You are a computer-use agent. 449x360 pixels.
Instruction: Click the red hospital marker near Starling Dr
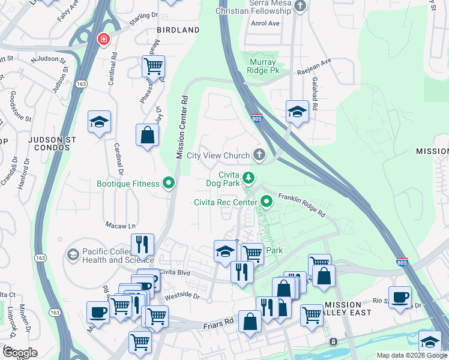(x=103, y=40)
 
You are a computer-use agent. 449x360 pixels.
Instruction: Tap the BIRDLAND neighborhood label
(x=178, y=30)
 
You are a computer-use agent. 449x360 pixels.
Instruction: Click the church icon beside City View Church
(x=259, y=156)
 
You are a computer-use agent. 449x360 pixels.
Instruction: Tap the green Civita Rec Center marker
(x=265, y=202)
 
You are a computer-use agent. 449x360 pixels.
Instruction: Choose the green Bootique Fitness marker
(x=169, y=184)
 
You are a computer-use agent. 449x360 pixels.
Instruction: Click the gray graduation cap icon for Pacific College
(x=73, y=255)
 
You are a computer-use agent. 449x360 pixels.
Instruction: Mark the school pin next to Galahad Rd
(x=297, y=111)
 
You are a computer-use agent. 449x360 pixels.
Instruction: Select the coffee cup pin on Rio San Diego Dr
(x=400, y=296)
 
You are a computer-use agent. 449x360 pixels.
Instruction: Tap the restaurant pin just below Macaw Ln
(x=142, y=244)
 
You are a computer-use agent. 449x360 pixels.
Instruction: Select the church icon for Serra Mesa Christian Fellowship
(x=301, y=6)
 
